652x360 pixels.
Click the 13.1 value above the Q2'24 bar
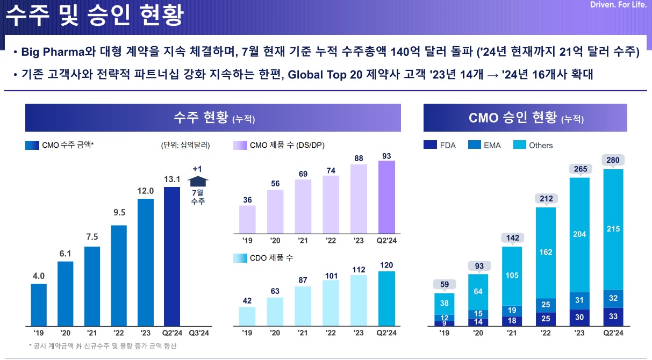(172, 179)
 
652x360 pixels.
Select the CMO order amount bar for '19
(38, 305)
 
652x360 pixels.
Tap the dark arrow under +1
(198, 182)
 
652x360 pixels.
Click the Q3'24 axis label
(198, 333)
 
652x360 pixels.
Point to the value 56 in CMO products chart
(275, 184)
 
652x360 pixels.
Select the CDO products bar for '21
(303, 306)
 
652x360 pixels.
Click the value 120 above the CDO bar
(385, 265)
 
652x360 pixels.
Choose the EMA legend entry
(486, 145)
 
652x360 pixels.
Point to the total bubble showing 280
(613, 160)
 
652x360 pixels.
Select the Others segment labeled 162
(546, 251)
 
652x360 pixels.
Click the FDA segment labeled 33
(613, 316)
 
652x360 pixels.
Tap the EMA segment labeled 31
(579, 300)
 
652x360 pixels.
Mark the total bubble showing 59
(445, 284)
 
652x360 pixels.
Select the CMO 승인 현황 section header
(525, 118)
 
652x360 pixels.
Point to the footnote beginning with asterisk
(102, 347)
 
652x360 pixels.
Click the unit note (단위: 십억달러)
(185, 145)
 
